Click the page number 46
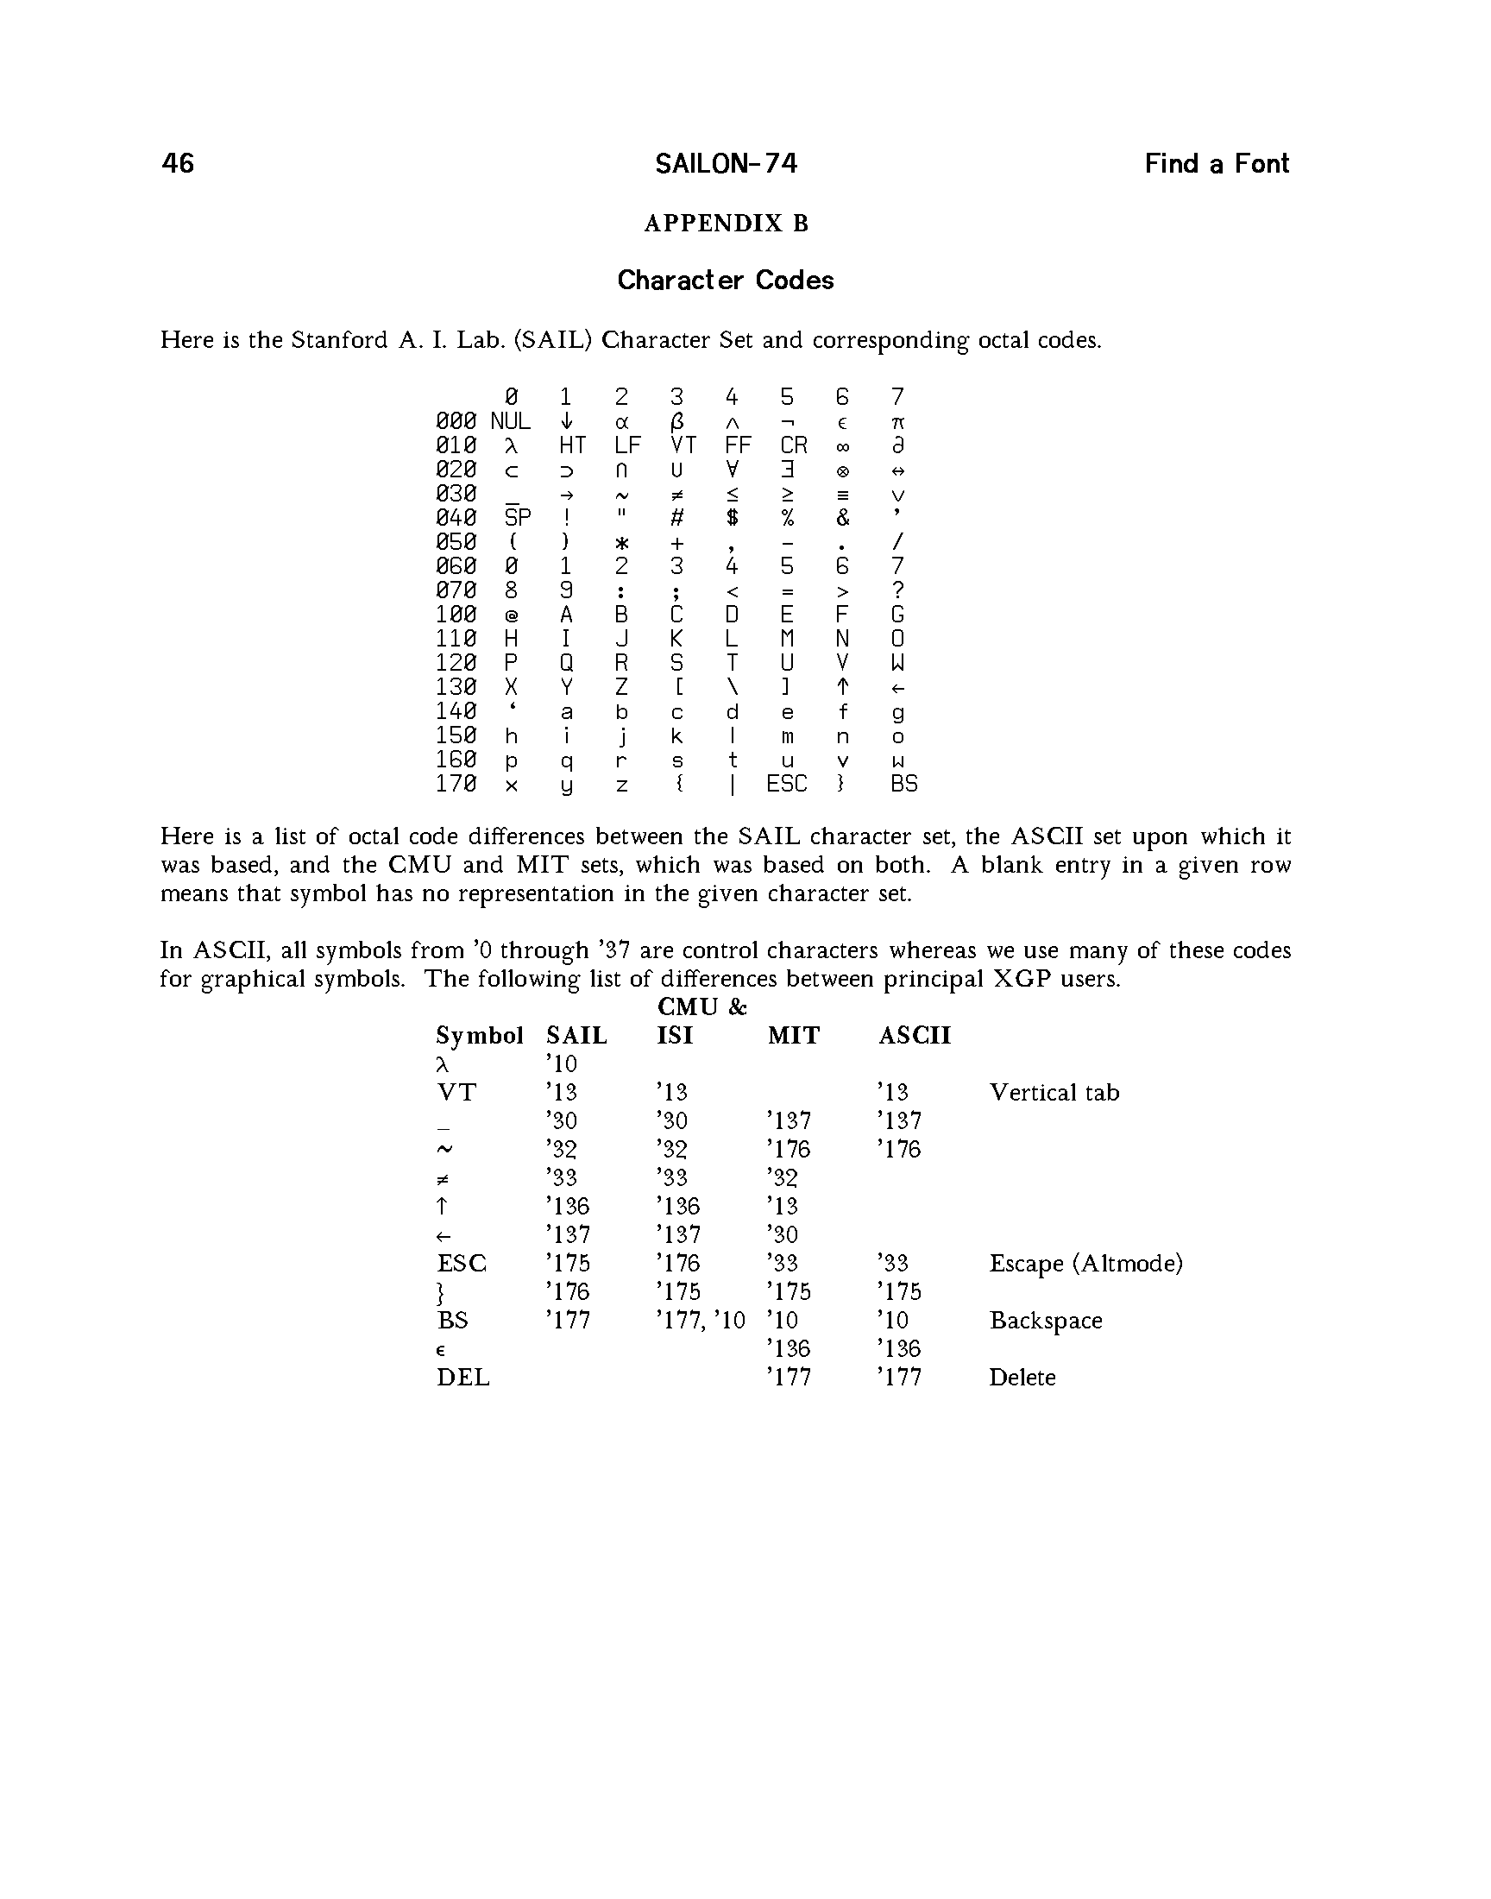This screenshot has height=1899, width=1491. [178, 163]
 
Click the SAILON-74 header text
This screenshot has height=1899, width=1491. [726, 163]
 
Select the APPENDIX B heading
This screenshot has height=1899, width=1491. [727, 224]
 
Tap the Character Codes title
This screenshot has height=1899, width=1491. [726, 281]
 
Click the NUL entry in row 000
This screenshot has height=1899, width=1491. [511, 422]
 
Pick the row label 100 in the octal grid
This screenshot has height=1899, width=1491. [456, 615]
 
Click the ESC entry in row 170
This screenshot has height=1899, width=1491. [787, 784]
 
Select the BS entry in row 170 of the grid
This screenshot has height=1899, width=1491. [903, 784]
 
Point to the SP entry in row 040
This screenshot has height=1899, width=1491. [518, 518]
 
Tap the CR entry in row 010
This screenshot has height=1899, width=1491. [794, 445]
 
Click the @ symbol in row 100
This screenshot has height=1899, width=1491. [512, 615]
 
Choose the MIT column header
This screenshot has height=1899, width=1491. [794, 1036]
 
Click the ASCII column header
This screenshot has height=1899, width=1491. [914, 1036]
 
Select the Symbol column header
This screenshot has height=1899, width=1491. [479, 1036]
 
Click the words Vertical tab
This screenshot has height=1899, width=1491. [1054, 1092]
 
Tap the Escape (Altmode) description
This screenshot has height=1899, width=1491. [1085, 1264]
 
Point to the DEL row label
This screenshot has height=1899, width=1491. [462, 1378]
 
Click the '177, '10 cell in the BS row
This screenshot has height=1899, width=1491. [700, 1320]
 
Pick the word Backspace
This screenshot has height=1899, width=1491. [1045, 1320]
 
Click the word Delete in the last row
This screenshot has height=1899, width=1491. [1022, 1378]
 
